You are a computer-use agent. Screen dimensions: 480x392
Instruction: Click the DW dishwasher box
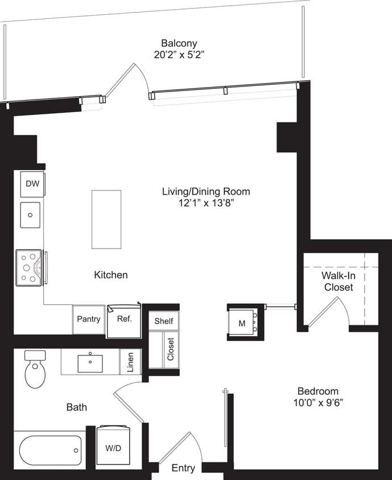point(32,184)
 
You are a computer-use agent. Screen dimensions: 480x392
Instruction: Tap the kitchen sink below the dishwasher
point(30,214)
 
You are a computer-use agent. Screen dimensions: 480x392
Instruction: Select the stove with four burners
point(28,267)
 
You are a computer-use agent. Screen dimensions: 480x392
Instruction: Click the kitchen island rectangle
point(106,219)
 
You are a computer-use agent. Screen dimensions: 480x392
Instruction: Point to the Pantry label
point(88,319)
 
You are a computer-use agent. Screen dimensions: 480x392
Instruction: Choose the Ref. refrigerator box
point(125,319)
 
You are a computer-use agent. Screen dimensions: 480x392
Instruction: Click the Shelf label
point(164,321)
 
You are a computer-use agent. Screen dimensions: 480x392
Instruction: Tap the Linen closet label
point(131,362)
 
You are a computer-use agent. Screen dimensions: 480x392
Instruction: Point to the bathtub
point(50,450)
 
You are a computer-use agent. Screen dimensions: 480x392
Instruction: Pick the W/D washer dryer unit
point(113,448)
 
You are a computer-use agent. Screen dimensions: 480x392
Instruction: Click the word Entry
point(183,468)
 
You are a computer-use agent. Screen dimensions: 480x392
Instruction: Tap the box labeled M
point(242,323)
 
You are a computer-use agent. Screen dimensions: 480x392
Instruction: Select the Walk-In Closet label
point(339,281)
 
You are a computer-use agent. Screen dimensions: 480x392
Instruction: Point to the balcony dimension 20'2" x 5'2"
point(179,55)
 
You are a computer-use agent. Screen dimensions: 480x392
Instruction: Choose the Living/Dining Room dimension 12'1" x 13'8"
point(205,202)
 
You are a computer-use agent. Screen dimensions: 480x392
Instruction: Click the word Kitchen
point(111,275)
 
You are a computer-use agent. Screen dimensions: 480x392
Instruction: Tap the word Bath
point(77,407)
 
